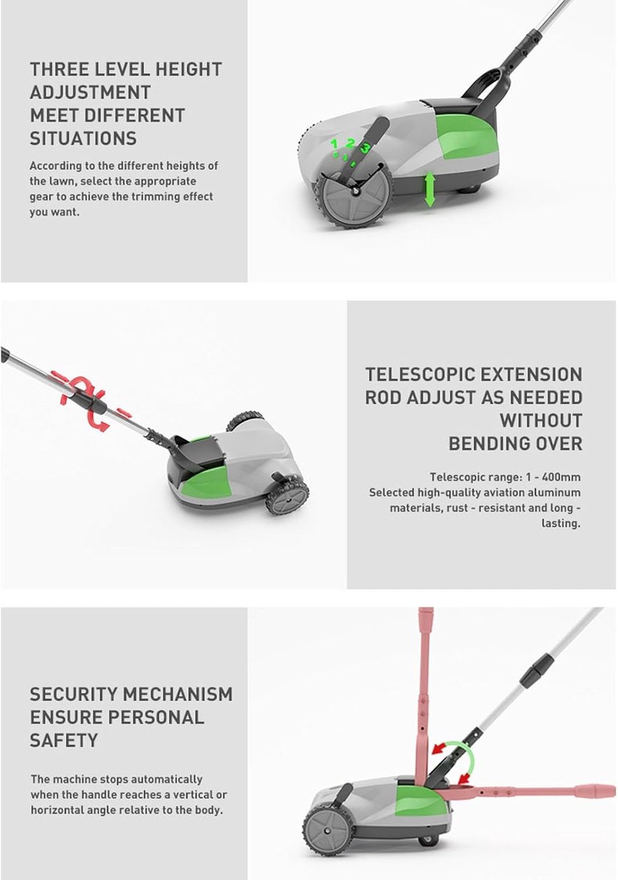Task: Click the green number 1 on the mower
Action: tap(334, 144)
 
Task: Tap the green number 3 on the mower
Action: tap(366, 148)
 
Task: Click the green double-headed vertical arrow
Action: tap(429, 189)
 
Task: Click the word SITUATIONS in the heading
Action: tap(84, 139)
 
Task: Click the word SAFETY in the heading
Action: tap(64, 741)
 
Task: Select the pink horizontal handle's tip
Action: tap(614, 790)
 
